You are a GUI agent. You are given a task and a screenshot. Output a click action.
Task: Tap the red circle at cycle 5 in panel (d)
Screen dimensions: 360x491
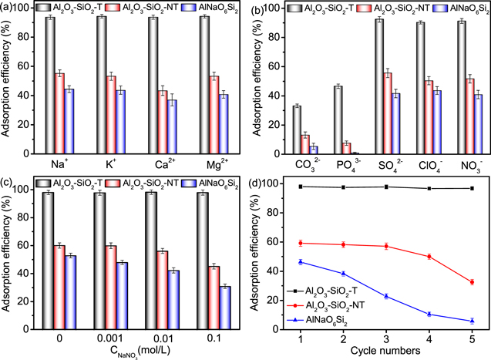point(471,282)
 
